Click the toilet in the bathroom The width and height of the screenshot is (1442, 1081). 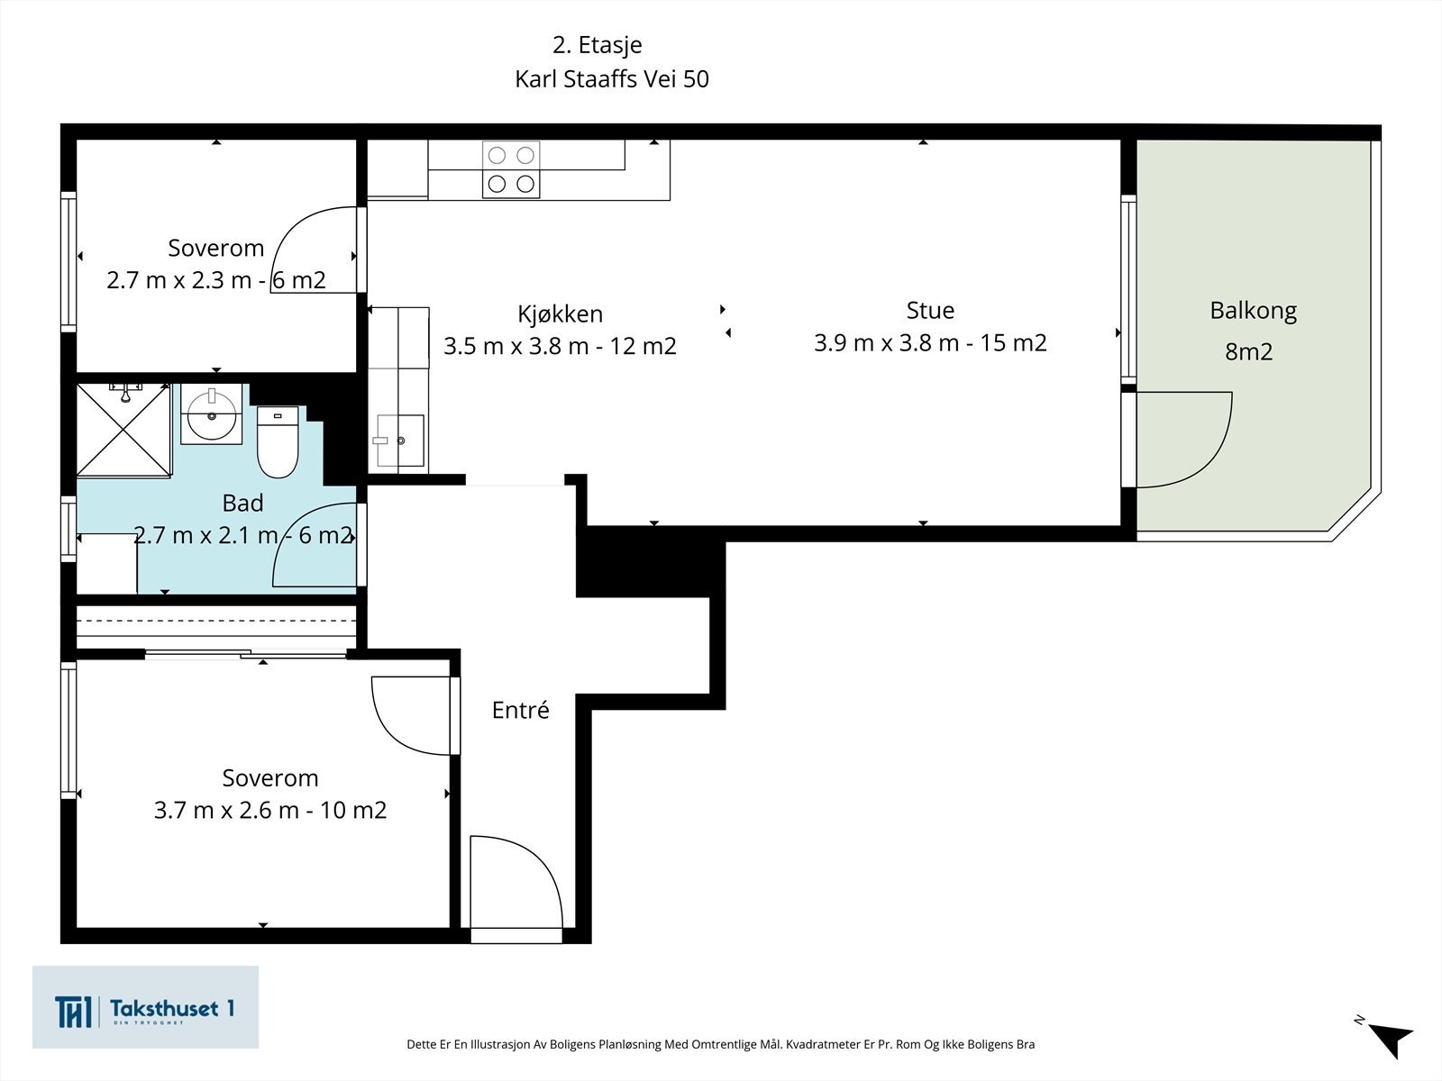278,441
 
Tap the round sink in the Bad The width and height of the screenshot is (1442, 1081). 212,414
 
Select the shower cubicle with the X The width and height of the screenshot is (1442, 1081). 123,430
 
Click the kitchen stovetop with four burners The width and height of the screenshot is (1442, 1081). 511,169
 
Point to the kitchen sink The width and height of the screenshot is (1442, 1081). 400,441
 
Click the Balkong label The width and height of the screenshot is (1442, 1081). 1253,311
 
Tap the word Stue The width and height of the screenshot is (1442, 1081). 930,310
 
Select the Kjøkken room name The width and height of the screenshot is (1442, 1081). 560,313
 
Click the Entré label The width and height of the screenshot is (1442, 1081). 520,710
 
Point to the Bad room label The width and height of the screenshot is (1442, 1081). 242,503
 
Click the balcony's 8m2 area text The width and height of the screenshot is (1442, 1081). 1249,352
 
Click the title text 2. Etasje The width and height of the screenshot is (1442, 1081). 598,45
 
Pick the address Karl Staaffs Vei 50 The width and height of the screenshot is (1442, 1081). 612,78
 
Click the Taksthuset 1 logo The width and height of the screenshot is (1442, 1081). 145,1007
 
